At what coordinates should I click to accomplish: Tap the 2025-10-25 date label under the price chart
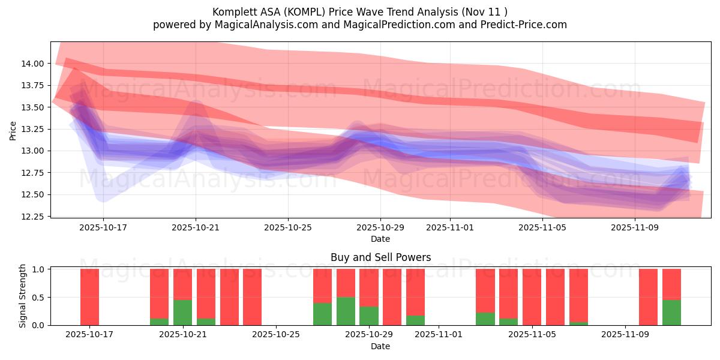[x=287, y=228]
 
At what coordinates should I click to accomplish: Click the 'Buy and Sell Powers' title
[x=380, y=257]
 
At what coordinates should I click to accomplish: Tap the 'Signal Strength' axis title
[x=23, y=296]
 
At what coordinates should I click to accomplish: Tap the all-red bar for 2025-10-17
[x=89, y=297]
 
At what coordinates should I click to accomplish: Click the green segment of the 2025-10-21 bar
[x=182, y=312]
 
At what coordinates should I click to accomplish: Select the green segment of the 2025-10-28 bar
[x=346, y=311]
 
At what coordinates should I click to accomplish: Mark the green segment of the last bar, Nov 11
[x=671, y=312]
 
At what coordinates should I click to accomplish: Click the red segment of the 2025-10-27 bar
[x=322, y=286]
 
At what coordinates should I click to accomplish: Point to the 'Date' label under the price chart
[x=380, y=239]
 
